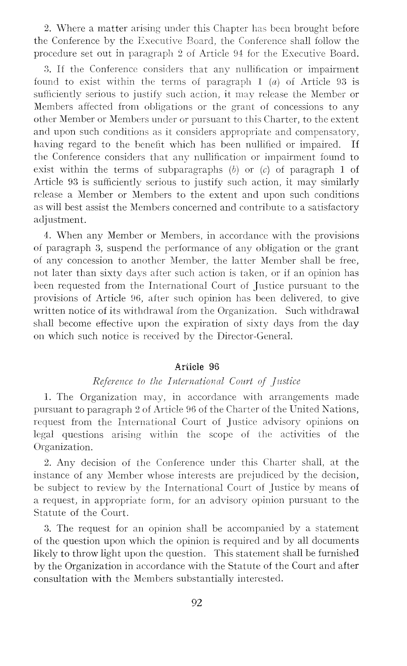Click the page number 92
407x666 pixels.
tap(197, 602)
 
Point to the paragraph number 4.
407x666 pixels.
tap(46, 236)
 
